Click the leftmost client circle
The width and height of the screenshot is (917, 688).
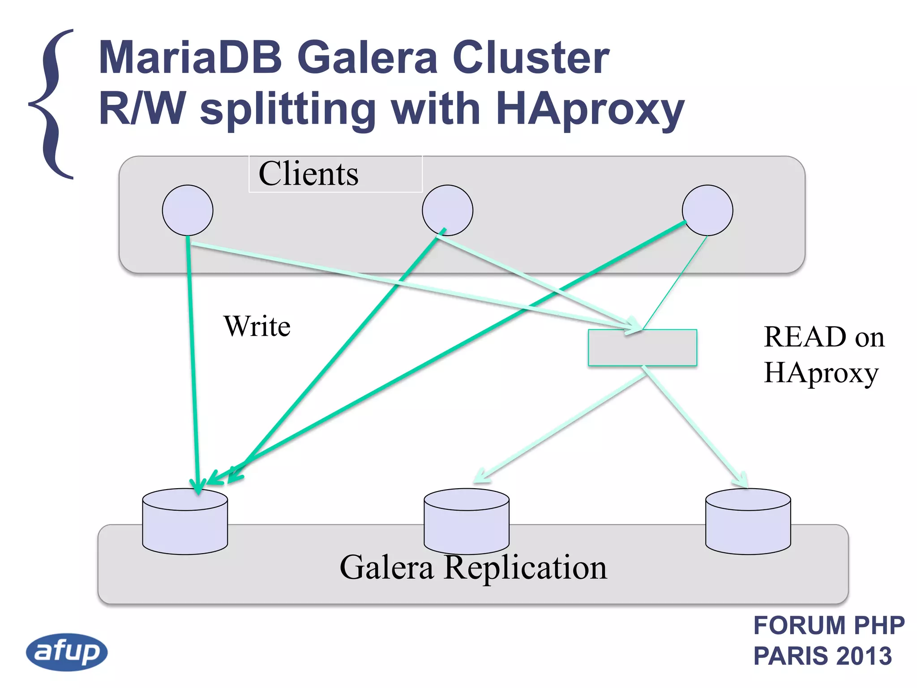188,210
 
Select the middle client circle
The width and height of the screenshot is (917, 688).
447,210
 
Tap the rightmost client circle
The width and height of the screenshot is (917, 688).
707,210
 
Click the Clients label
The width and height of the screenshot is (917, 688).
309,174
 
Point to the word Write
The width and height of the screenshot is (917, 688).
257,326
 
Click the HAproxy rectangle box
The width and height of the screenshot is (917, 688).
642,348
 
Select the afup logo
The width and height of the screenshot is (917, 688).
67,652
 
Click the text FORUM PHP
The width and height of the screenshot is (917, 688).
829,625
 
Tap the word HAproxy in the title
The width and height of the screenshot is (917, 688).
590,110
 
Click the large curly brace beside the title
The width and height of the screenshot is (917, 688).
53,104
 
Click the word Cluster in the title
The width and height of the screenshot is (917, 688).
531,58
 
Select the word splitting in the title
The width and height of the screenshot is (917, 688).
287,110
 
